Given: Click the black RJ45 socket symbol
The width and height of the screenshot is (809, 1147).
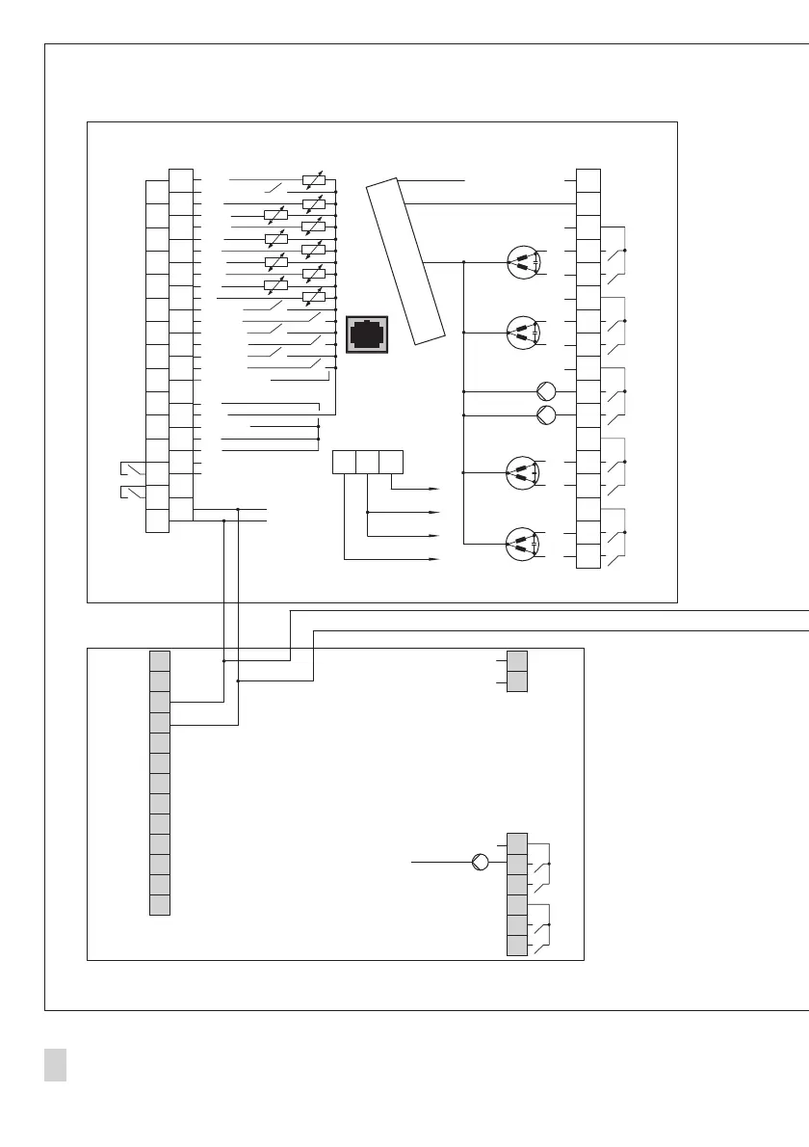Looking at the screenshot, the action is coord(367,333).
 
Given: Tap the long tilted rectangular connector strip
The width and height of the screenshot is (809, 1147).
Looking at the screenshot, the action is coord(405,260).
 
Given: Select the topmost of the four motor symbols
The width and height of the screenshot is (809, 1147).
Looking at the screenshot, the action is coord(522,262).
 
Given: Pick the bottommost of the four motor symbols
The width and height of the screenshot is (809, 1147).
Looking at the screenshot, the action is coord(522,545).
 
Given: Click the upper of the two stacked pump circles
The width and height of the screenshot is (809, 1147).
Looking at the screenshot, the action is coord(546,391).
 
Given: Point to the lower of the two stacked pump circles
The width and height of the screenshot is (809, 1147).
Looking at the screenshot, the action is coord(546,415).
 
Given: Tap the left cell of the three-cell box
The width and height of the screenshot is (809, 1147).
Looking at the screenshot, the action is coord(344,462).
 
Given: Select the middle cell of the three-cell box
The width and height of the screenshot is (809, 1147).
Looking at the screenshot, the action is coord(367,462).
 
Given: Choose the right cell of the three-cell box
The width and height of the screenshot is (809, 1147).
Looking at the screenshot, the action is coord(391,462).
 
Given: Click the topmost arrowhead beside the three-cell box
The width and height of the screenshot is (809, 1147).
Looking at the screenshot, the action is coord(435,489).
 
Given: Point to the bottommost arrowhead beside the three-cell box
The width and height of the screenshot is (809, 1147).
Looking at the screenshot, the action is coord(435,559).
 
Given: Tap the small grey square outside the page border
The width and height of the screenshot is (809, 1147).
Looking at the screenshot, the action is coord(55,1065).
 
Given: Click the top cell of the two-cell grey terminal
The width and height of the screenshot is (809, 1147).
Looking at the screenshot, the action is coord(517,661).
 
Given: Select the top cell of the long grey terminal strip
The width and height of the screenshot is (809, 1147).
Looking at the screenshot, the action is coord(160,661).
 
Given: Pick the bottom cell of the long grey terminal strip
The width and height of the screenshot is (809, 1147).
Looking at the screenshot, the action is coord(160,904).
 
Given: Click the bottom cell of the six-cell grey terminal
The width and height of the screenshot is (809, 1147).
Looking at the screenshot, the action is coord(517,945).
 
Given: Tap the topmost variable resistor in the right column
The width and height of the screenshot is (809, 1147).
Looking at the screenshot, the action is coord(313,180).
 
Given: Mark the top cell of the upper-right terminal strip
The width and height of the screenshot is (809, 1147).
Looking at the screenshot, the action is coord(587,180).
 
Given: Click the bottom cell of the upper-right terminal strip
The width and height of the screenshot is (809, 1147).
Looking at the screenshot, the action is coord(587,556).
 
